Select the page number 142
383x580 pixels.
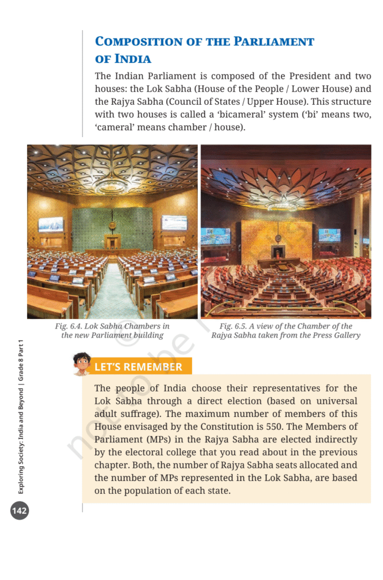pyautogui.click(x=19, y=511)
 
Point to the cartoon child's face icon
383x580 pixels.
pyautogui.click(x=82, y=363)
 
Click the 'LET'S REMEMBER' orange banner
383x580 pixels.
pyautogui.click(x=138, y=367)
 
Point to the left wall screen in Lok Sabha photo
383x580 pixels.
pyautogui.click(x=51, y=224)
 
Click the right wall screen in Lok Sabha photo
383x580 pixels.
pyautogui.click(x=174, y=223)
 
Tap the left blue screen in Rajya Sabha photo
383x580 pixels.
pyautogui.click(x=215, y=236)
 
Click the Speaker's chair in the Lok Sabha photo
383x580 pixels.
pyautogui.click(x=113, y=241)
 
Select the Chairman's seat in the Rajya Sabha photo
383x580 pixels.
pyautogui.click(x=278, y=251)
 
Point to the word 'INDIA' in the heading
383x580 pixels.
pyautogui.click(x=133, y=59)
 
